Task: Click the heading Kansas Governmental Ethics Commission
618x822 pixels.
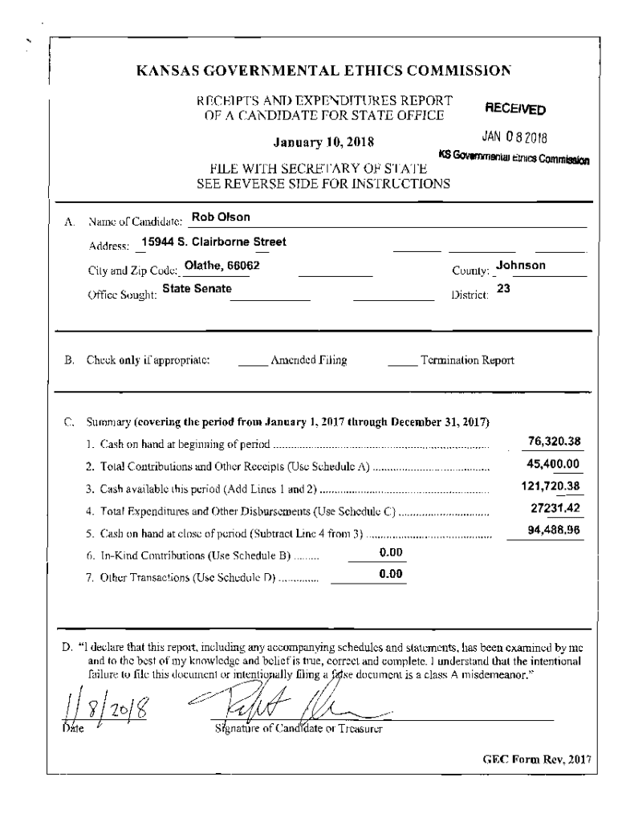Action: tap(323, 70)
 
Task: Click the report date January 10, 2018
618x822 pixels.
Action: tap(323, 143)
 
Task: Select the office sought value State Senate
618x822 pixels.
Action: tap(197, 287)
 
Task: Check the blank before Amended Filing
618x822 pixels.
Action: tap(252, 360)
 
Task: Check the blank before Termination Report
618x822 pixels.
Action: tap(402, 360)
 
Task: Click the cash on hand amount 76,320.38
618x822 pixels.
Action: tap(554, 442)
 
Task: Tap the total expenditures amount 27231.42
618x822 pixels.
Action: tap(554, 508)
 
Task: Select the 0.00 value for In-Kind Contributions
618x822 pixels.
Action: tap(390, 551)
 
